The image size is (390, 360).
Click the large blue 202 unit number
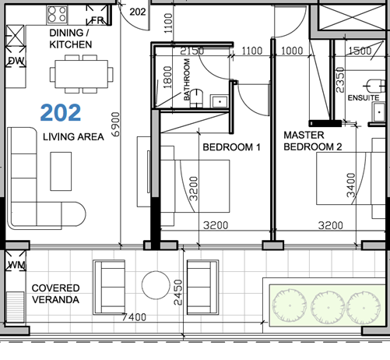61,113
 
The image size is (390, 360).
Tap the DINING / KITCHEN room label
71,40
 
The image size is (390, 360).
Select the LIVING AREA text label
73,137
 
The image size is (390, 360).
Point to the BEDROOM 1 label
230,146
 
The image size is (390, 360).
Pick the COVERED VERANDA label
56,294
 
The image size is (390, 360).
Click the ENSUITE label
364,98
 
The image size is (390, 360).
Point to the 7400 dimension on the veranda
134,317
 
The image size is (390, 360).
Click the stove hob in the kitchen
55,13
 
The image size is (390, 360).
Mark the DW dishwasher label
16,61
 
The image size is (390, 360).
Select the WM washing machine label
16,266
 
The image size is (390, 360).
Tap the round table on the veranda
156,284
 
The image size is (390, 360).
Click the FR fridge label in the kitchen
98,19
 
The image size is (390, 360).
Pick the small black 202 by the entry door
137,12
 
